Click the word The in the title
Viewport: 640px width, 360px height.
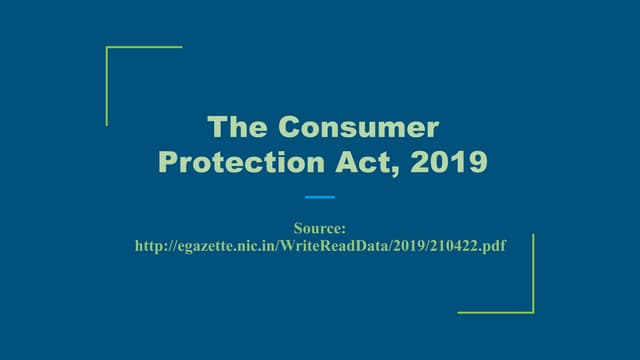coord(236,128)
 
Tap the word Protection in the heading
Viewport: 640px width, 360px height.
coord(236,162)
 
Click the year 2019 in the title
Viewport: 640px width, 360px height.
coord(437,162)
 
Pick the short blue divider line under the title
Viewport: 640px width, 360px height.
coord(320,197)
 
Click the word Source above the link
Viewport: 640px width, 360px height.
coord(317,228)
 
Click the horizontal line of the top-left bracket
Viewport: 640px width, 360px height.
coord(144,47)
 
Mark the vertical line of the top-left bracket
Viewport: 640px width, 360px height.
coord(107,86)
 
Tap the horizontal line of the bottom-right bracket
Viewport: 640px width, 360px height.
coord(496,312)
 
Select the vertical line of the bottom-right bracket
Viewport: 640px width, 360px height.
coord(533,273)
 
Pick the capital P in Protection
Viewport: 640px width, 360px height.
coord(169,162)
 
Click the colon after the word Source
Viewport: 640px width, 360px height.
coord(344,230)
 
